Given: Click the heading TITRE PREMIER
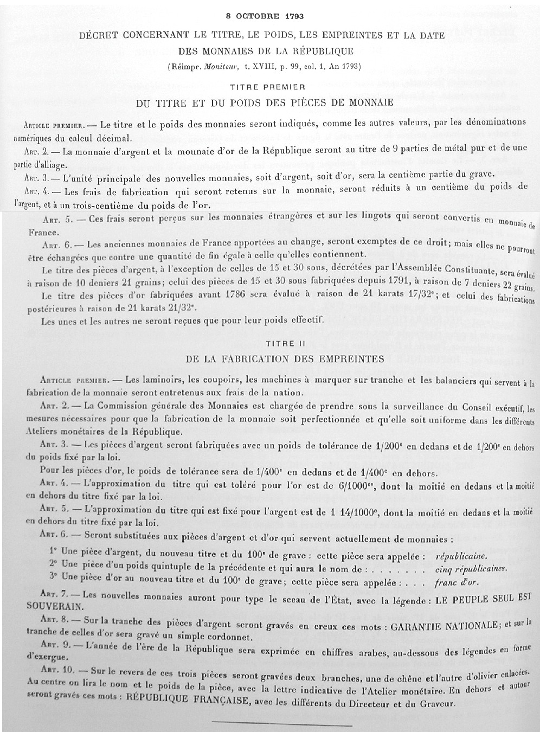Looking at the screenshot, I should [267, 87].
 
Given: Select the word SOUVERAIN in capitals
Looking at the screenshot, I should [55, 605].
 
